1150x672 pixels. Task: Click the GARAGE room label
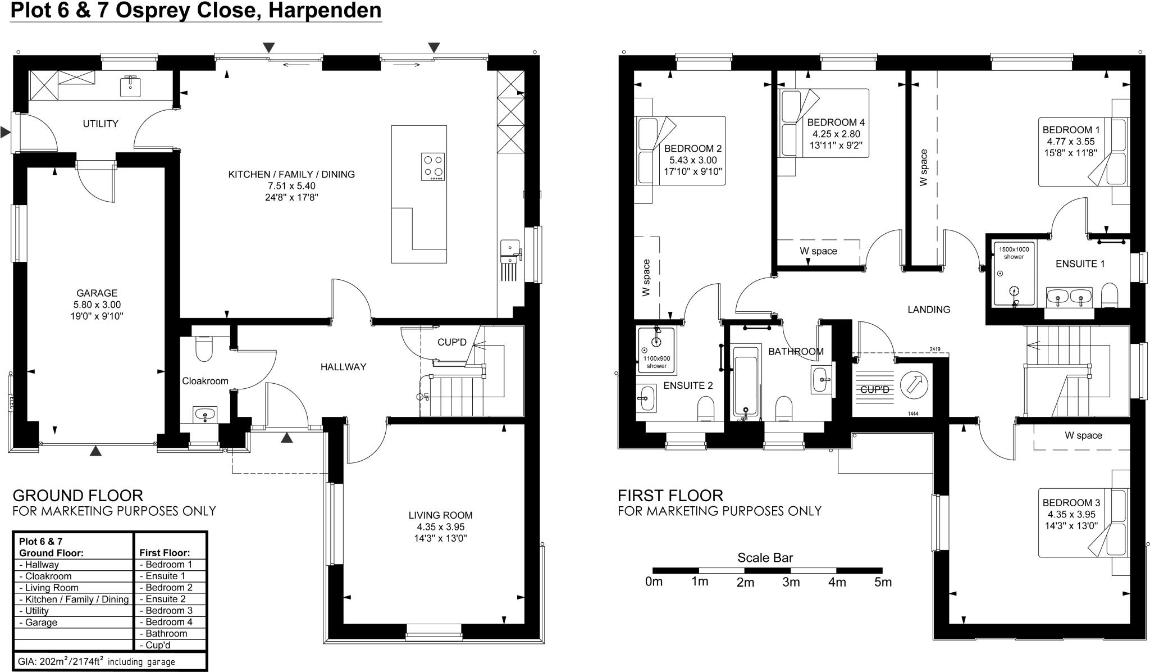97,293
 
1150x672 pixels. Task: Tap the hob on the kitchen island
433,167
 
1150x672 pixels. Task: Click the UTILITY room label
101,124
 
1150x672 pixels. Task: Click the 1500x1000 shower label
1014,253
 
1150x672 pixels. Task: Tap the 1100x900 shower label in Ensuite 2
656,362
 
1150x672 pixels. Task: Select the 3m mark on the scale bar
791,582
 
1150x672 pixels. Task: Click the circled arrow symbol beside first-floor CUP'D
914,385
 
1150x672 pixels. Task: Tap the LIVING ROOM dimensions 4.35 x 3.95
440,527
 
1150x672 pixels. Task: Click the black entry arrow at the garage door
96,450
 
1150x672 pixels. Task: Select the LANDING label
929,310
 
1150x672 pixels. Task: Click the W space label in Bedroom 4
818,251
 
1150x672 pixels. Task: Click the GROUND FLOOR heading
77,496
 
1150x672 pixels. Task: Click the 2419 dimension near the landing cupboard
934,349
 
